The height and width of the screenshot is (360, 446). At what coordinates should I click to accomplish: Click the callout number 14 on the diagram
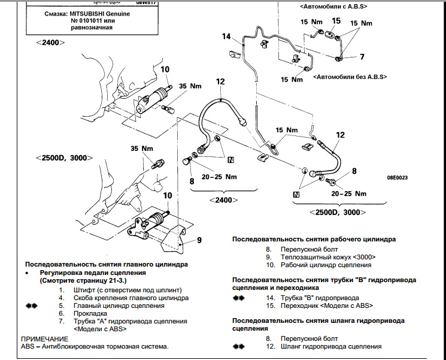227,37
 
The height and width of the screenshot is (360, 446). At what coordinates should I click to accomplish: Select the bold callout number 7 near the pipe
362,58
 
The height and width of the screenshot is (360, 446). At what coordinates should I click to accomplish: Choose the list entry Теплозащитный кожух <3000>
321,257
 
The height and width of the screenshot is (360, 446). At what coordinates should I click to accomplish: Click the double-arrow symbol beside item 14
239,298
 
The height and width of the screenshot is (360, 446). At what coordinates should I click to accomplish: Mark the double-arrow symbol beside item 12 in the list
239,346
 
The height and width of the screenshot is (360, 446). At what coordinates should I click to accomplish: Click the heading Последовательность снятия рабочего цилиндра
314,239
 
